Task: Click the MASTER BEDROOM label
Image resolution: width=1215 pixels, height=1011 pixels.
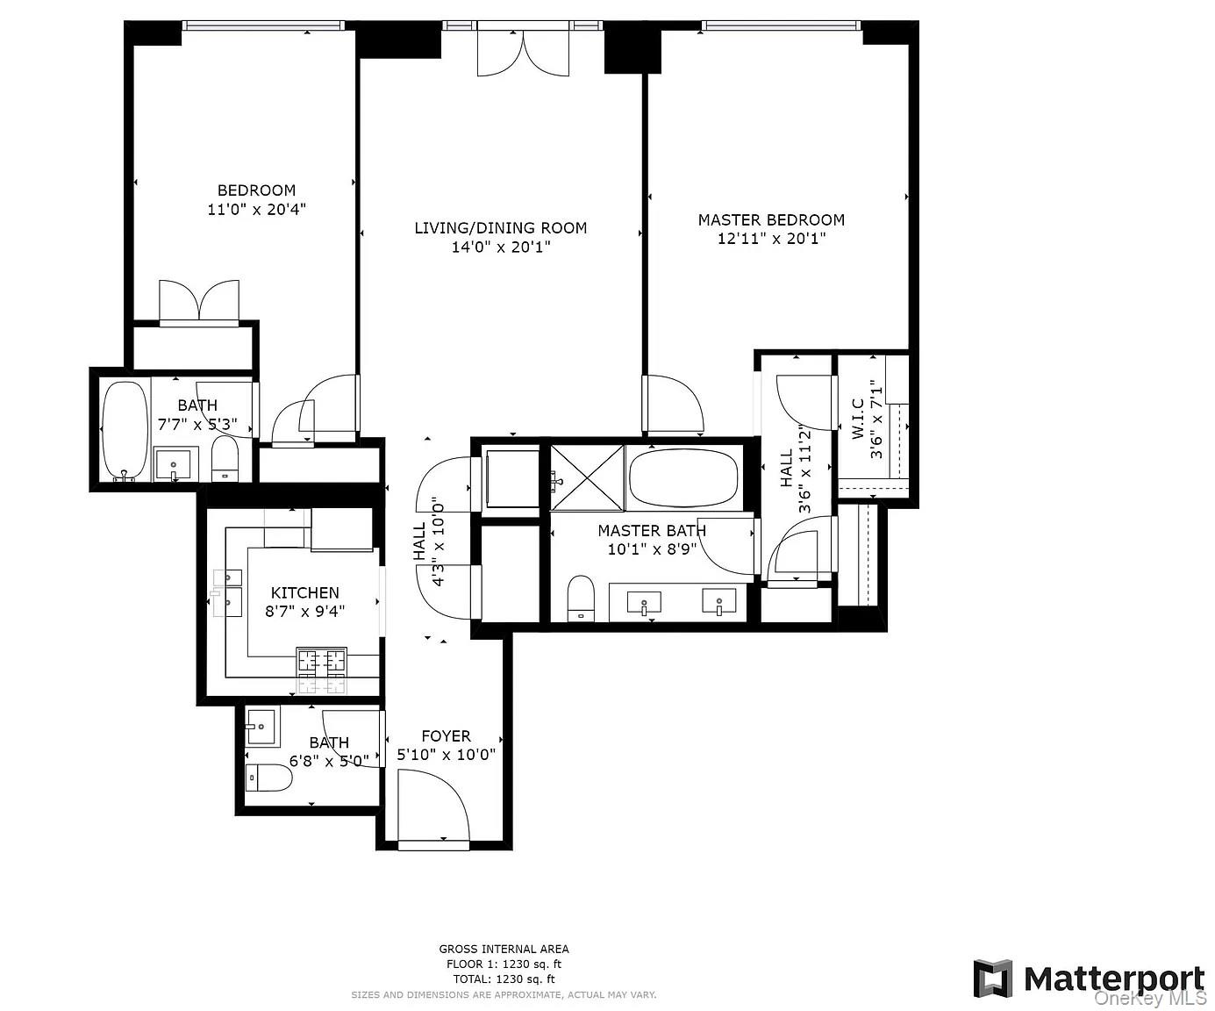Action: coord(771,219)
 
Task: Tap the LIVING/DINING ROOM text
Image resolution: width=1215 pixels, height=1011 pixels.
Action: coord(500,228)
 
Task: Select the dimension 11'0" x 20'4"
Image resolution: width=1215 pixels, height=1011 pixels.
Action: coord(256,210)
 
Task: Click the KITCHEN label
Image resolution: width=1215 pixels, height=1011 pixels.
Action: coord(304,592)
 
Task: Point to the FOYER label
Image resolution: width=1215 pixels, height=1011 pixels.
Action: coord(446,735)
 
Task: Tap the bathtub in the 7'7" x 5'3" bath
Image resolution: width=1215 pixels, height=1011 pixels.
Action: coord(125,430)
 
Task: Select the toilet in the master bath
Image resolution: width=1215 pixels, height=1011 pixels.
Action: coord(581,599)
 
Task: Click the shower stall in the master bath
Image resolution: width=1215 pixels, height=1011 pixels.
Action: coord(588,477)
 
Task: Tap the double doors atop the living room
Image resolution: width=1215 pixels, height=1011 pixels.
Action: coord(523,53)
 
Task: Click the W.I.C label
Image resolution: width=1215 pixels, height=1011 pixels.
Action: coord(858,418)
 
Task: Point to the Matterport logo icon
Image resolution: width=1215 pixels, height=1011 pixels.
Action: coord(993,979)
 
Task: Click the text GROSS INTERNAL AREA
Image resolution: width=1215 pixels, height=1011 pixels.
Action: coord(504,949)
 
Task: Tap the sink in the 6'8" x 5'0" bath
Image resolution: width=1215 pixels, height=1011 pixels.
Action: coord(261,726)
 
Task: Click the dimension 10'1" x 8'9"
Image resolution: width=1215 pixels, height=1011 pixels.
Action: coord(652,549)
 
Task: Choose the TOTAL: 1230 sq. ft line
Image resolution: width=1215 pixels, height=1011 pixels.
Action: coord(504,979)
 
